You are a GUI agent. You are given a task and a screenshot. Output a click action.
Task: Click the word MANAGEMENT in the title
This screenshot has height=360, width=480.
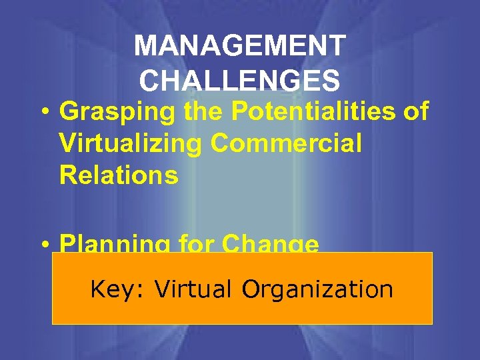click(x=239, y=47)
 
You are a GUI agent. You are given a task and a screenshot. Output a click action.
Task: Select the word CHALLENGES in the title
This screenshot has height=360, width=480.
click(x=239, y=80)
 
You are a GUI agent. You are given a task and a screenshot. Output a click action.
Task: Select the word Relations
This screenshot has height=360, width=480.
click(x=119, y=175)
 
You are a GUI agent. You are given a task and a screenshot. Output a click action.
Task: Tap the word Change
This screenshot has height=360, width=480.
click(x=270, y=244)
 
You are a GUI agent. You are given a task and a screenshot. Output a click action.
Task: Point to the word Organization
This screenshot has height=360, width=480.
click(x=317, y=290)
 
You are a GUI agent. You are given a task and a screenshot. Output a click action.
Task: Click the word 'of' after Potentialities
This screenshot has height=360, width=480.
click(x=415, y=111)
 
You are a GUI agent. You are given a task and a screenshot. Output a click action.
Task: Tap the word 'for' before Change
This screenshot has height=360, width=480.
click(x=198, y=244)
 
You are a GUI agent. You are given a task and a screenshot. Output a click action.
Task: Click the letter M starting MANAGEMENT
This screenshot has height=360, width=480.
click(x=144, y=47)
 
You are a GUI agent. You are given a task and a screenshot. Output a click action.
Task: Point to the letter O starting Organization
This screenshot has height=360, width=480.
click(x=251, y=289)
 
